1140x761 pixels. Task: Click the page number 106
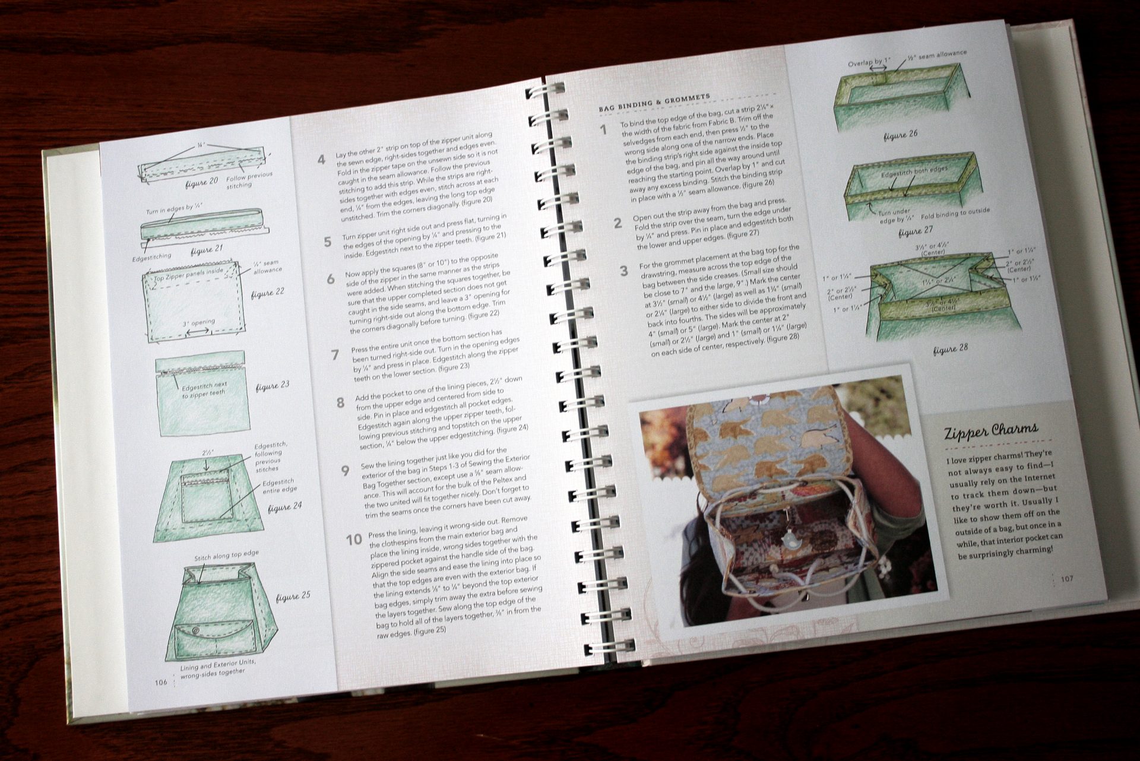(160, 683)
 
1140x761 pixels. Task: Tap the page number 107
(1067, 579)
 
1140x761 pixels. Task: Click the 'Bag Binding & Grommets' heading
(654, 102)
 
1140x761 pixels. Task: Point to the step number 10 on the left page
(354, 540)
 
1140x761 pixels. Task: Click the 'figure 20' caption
(201, 183)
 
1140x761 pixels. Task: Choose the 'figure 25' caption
(293, 597)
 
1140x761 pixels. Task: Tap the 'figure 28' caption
(950, 349)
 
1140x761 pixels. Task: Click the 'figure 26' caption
(900, 135)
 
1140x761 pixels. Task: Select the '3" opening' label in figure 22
(199, 323)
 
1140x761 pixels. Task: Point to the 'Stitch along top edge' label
(226, 556)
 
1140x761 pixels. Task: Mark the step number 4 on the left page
(321, 160)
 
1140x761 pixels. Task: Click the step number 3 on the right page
(623, 272)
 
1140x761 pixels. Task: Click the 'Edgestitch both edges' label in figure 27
(914, 172)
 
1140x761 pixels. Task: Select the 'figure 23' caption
(273, 386)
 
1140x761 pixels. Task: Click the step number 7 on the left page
(335, 355)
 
